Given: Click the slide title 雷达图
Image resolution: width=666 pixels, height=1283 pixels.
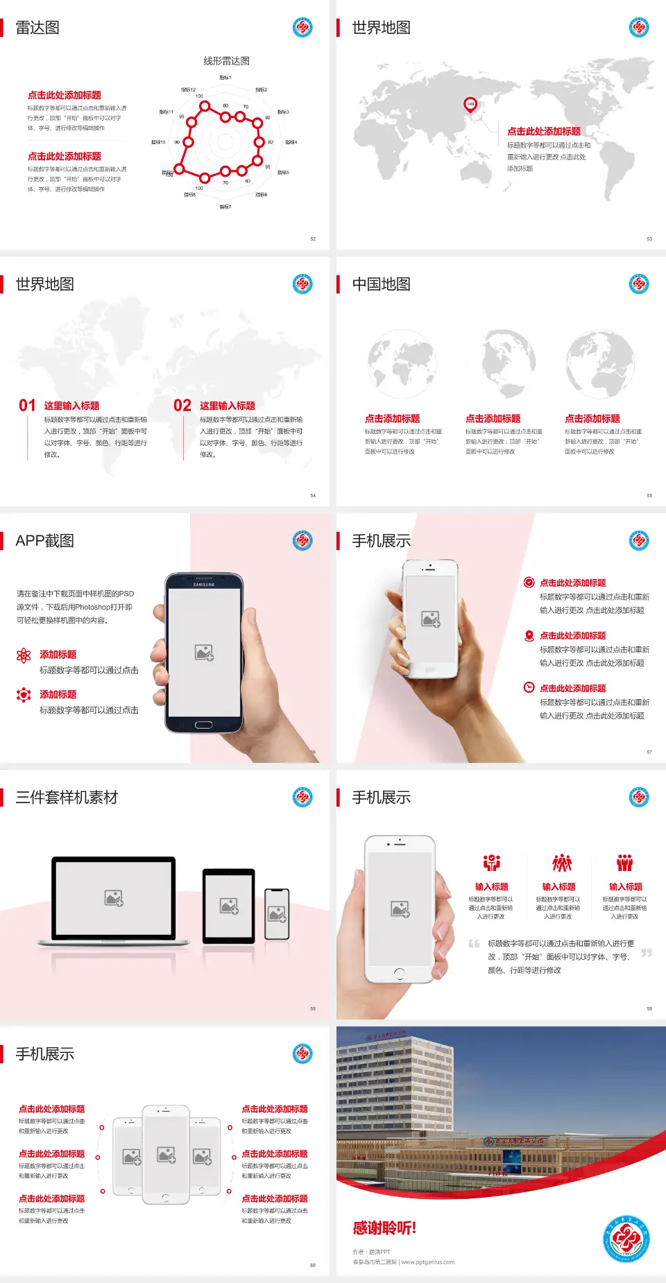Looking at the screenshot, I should (x=37, y=28).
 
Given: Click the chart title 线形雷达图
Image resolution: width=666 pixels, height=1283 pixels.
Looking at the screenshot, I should (x=226, y=61).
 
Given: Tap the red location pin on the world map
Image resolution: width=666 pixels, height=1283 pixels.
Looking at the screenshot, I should (x=470, y=105).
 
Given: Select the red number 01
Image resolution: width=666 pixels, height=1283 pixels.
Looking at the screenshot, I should (x=27, y=406).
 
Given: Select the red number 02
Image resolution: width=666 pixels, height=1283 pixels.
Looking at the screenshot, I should (x=182, y=406).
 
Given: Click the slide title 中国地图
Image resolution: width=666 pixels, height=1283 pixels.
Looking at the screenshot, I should (x=381, y=284).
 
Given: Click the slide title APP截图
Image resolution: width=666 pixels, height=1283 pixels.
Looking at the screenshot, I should (x=44, y=541).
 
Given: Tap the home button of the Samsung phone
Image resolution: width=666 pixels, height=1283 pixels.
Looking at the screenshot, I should (x=203, y=725).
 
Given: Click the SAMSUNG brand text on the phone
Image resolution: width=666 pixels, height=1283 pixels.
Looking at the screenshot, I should (x=204, y=585).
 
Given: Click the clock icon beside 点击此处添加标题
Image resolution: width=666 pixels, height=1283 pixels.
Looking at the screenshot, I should (x=529, y=687).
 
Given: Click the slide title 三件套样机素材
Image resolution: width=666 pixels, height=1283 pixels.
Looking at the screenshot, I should (x=67, y=798).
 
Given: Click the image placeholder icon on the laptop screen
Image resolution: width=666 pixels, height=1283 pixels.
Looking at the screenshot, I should (x=114, y=898).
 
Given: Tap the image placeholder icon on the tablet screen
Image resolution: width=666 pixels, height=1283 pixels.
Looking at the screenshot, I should (x=229, y=906).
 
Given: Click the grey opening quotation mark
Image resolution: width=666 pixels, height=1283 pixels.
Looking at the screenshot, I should (x=474, y=943).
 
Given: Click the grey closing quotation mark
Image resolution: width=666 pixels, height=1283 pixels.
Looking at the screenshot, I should (x=647, y=953).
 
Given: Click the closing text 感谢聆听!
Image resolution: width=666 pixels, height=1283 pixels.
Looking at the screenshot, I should (x=384, y=1228).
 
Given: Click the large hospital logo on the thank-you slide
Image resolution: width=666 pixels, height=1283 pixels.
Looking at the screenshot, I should (x=626, y=1239).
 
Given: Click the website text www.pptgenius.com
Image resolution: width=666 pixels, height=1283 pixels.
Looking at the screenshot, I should (x=427, y=1262).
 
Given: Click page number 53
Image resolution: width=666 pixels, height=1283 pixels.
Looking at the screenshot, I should (x=649, y=239).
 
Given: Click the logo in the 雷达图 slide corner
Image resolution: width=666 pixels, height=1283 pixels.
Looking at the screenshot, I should (x=302, y=28).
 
